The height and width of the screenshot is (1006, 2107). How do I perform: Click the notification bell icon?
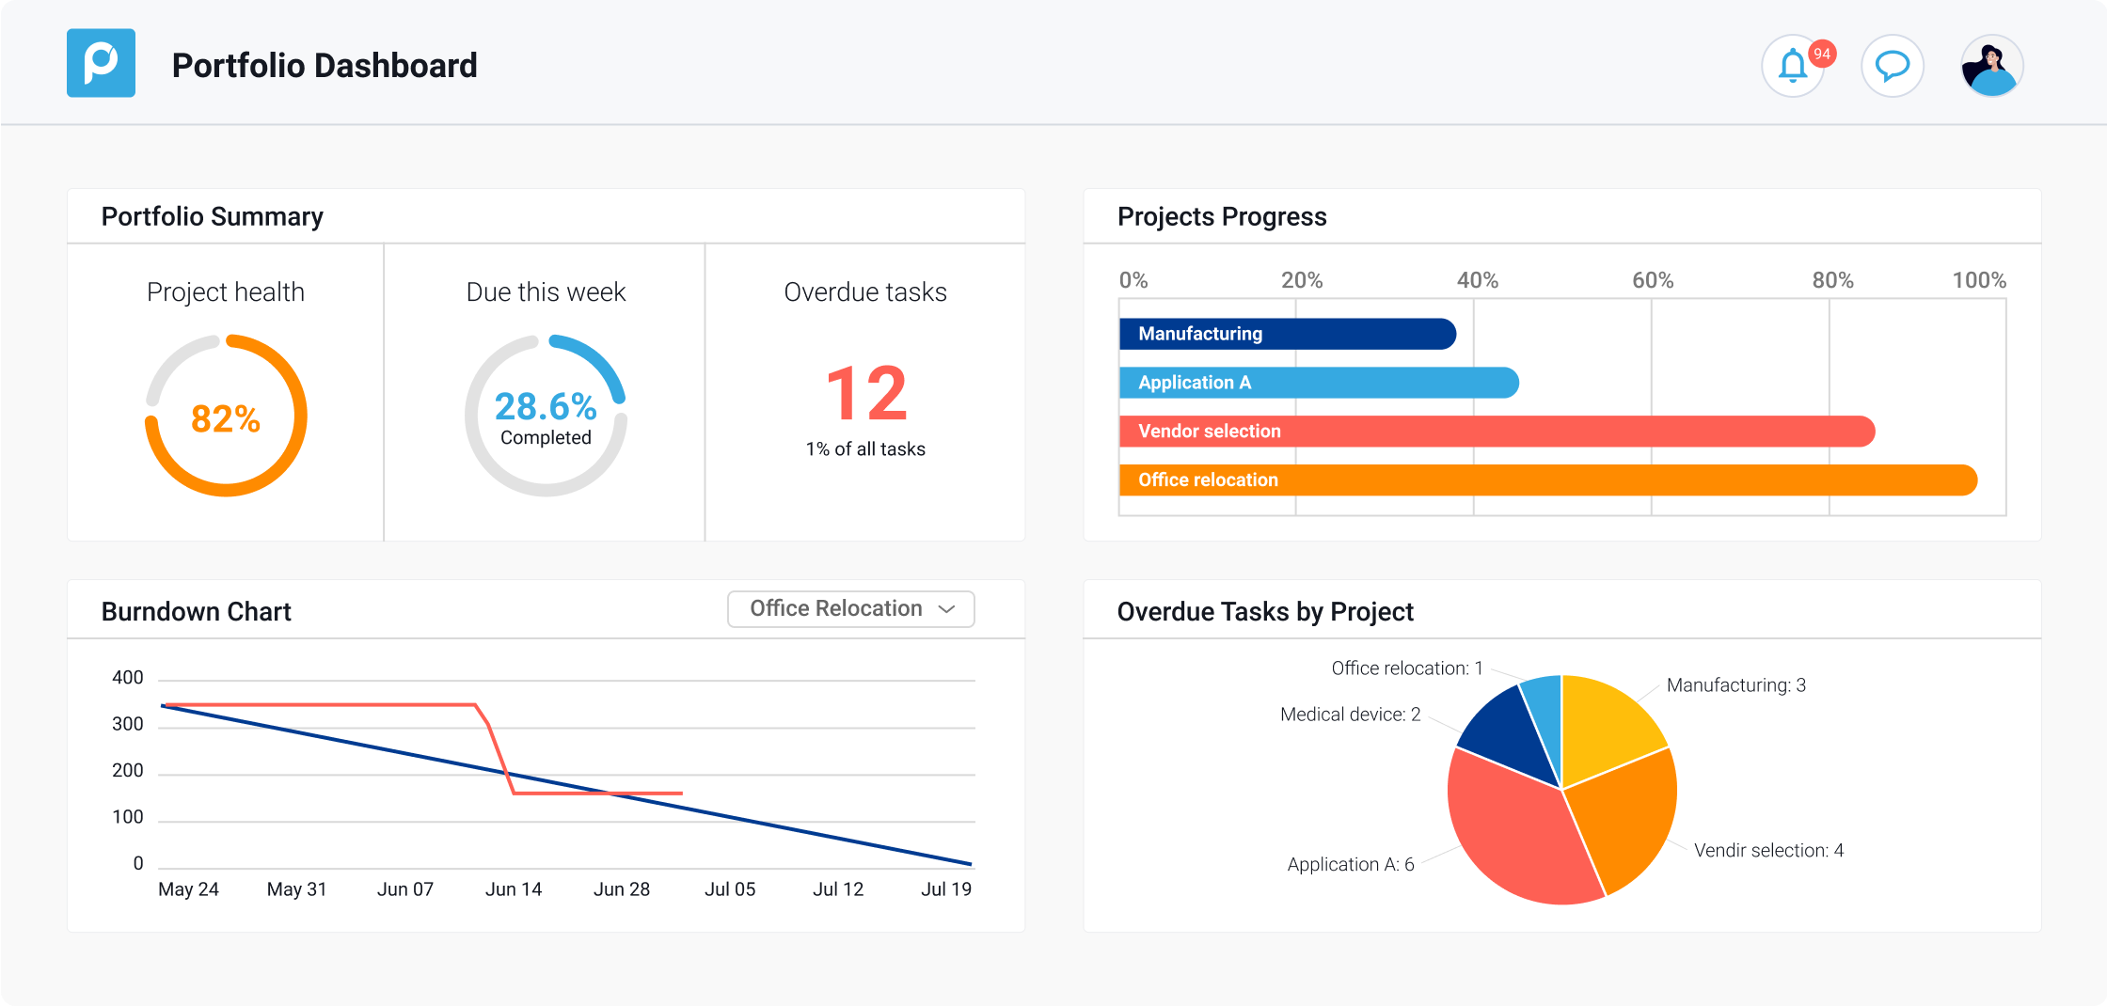(1793, 67)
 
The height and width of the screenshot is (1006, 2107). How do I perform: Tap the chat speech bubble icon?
(1892, 67)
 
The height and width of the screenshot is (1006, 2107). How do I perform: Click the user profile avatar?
(1991, 67)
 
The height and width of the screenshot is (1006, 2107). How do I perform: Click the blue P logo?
(101, 63)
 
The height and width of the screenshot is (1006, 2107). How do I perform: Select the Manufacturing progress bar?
(1287, 334)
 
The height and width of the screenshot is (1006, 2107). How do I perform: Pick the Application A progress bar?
(1318, 383)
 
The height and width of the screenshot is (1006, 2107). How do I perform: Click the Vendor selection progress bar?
(1496, 432)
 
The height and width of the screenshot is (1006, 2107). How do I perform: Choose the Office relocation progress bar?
(1547, 480)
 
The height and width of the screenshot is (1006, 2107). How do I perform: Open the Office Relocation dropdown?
(850, 609)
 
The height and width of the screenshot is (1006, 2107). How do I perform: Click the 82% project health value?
(226, 418)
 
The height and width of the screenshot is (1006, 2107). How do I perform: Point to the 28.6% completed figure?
(546, 407)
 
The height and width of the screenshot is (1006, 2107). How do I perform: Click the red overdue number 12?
(866, 395)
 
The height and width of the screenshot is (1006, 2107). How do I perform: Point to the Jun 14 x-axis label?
(514, 889)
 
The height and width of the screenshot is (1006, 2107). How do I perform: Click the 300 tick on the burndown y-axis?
(128, 724)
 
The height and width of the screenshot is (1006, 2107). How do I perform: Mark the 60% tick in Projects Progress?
(1653, 280)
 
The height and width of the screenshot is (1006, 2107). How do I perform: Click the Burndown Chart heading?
(197, 612)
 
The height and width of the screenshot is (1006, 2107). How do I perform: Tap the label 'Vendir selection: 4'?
(1768, 851)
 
